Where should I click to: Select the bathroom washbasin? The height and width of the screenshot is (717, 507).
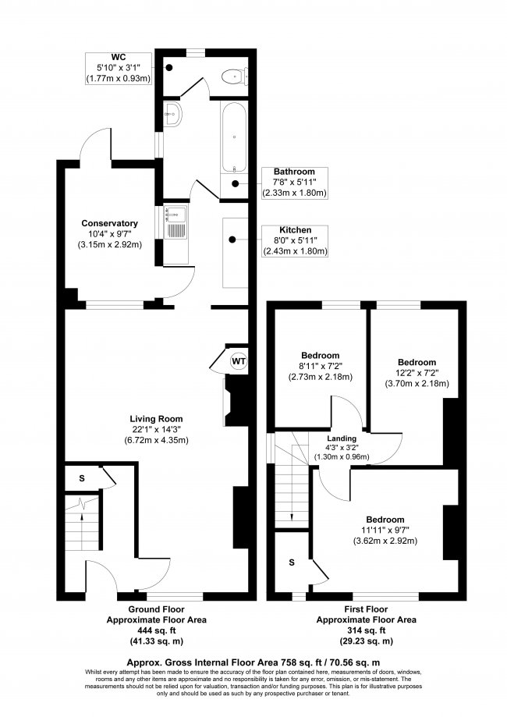click(x=173, y=115)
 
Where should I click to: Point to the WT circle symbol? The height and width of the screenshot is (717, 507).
click(x=238, y=362)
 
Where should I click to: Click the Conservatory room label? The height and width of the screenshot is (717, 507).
click(x=110, y=233)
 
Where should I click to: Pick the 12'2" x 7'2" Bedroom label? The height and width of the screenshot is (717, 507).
click(x=417, y=373)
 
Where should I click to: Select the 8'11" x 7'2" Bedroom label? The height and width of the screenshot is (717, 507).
click(x=321, y=365)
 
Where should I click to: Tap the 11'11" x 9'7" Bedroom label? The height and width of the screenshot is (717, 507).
click(x=386, y=531)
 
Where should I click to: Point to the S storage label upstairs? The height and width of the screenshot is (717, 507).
click(x=291, y=562)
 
